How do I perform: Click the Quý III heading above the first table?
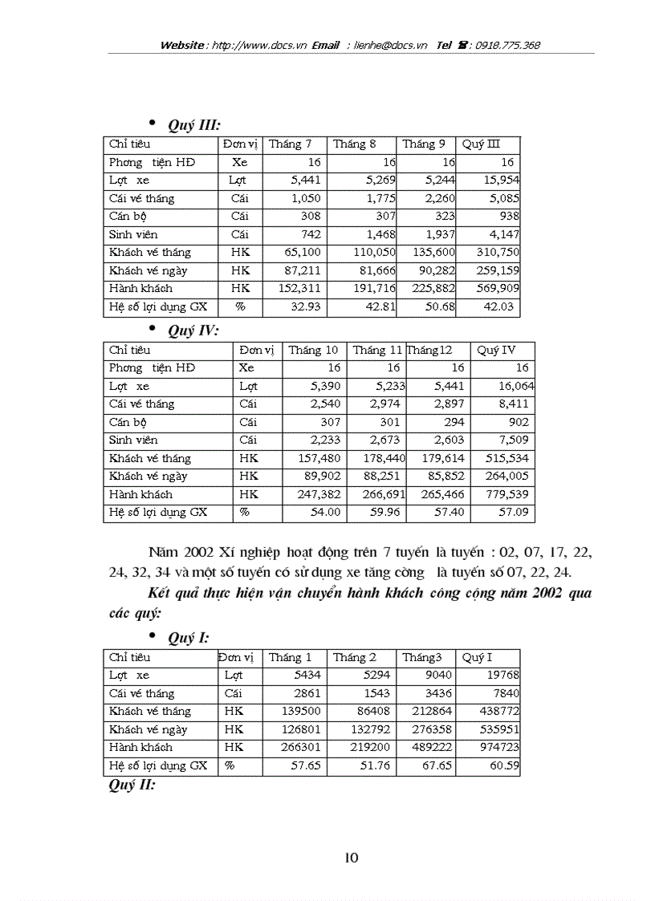coord(193,125)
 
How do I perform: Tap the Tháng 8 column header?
coord(355,144)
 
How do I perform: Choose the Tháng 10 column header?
coord(313,350)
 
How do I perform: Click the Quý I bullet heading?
coord(189,638)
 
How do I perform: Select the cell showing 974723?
coord(499,748)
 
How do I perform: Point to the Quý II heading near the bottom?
coord(131,785)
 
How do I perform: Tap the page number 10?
coord(351,858)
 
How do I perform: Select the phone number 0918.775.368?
coord(508,46)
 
